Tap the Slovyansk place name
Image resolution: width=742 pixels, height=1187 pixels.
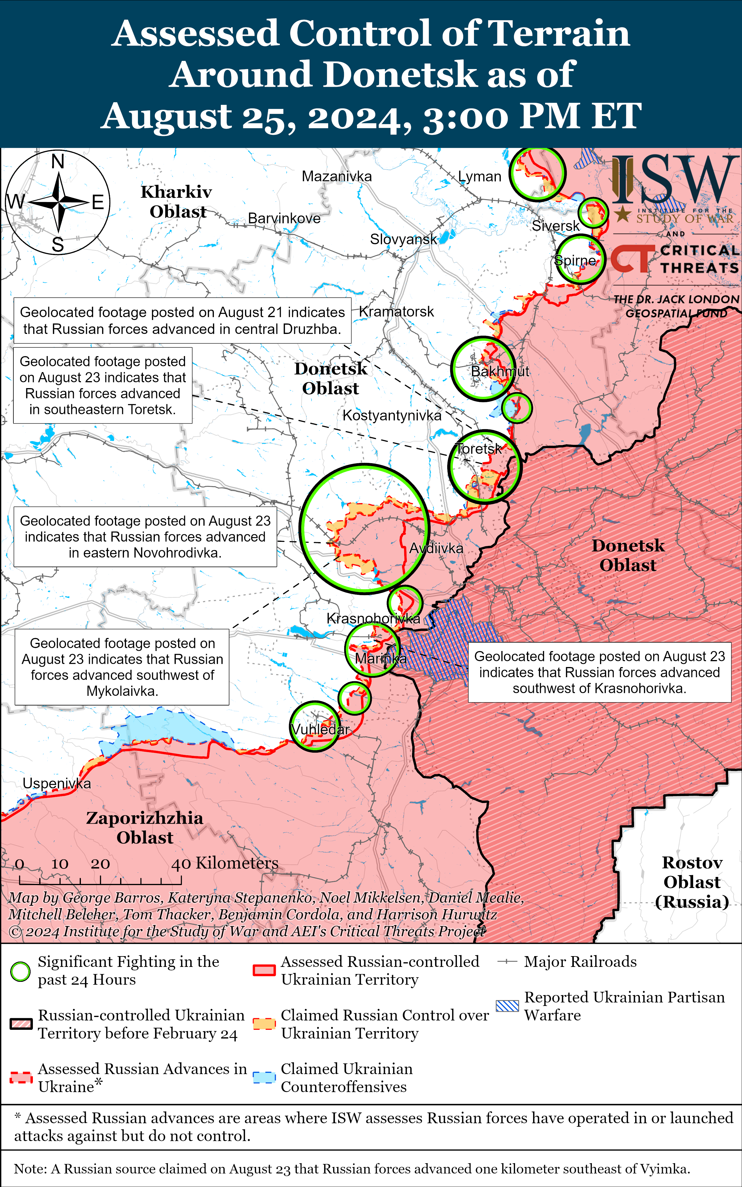tap(403, 239)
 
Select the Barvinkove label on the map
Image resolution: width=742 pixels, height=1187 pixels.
tap(284, 218)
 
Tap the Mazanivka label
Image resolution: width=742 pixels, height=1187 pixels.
tap(337, 176)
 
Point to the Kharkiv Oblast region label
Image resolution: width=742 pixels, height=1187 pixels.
tap(177, 201)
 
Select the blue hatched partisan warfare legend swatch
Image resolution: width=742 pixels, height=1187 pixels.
tap(507, 1006)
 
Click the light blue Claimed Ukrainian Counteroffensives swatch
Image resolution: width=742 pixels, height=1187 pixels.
tap(264, 1078)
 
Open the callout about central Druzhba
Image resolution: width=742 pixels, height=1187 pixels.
tap(182, 320)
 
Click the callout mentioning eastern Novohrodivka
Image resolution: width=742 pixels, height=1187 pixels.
tap(145, 537)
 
